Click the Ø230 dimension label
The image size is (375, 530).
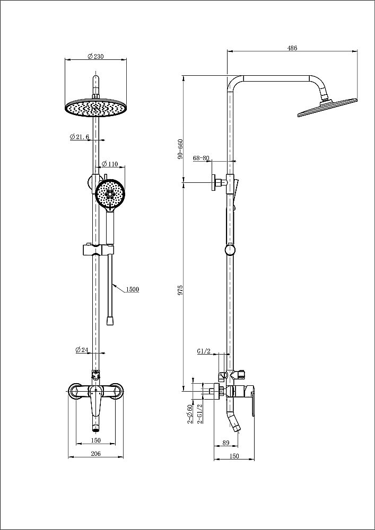[95, 56]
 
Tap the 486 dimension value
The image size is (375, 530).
[292, 48]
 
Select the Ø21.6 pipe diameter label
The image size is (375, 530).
[79, 137]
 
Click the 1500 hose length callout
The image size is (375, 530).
[133, 289]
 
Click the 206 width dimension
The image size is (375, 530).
[95, 453]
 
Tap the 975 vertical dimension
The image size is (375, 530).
[181, 289]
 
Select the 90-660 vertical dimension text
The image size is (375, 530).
[180, 149]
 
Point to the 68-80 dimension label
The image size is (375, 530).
[201, 158]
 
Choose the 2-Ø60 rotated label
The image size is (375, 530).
[189, 414]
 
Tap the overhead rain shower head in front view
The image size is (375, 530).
[96, 108]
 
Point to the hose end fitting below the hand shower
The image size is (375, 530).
[110, 321]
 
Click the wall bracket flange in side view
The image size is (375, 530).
[213, 182]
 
